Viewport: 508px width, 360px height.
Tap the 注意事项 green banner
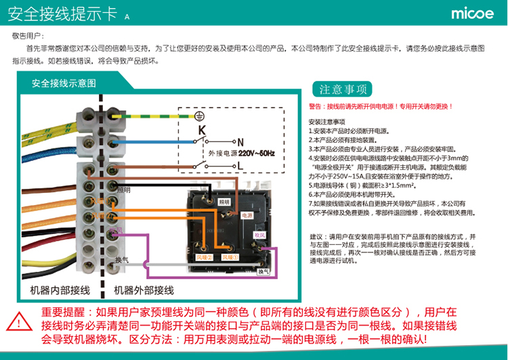[x=343, y=89]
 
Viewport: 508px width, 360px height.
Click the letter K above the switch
[x=201, y=129]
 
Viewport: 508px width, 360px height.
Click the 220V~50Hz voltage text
[x=255, y=154]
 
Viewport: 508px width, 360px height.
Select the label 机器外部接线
[x=144, y=290]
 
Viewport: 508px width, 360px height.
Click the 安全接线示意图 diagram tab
[x=64, y=83]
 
